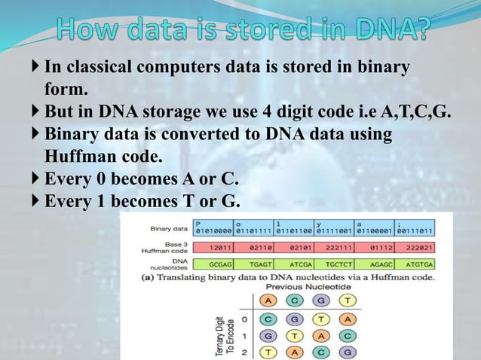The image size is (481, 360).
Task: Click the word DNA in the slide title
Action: (x=384, y=29)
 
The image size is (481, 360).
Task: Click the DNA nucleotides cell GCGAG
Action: (x=219, y=265)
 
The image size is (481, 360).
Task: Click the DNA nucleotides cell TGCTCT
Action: (x=340, y=265)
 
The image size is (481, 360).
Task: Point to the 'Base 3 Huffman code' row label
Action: (x=170, y=247)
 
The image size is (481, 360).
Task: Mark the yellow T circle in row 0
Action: (x=320, y=318)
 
